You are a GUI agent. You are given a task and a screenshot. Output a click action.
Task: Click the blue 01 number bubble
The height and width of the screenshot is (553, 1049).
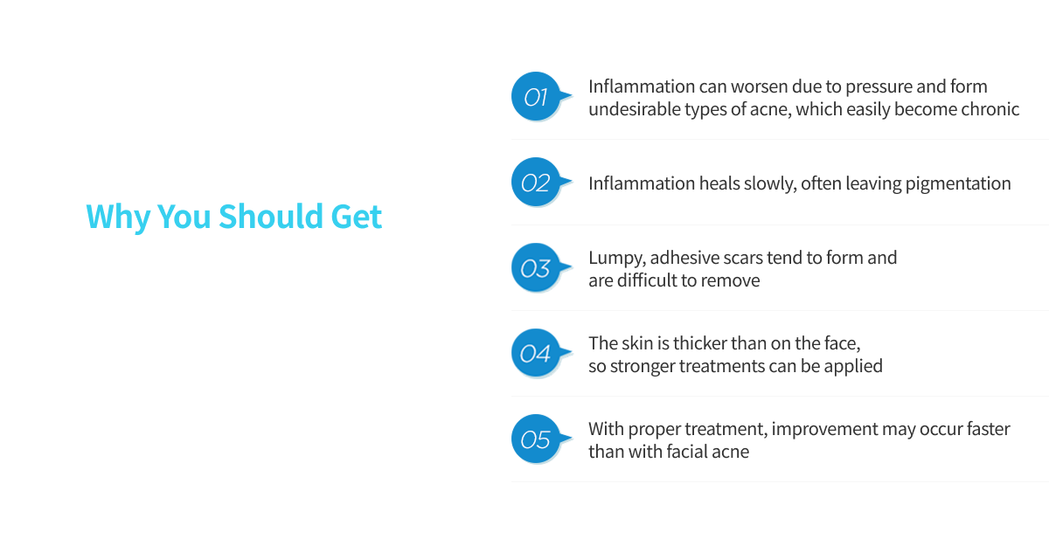[x=535, y=97]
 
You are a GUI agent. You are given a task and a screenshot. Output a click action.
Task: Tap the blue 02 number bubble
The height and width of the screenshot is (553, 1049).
[x=535, y=183]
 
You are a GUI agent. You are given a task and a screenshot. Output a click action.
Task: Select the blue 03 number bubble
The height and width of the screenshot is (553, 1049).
[x=535, y=268]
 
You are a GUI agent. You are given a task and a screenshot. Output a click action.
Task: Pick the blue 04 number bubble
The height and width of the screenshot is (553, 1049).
[x=535, y=354]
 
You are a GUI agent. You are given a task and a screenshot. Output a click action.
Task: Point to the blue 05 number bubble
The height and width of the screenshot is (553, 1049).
[x=535, y=439]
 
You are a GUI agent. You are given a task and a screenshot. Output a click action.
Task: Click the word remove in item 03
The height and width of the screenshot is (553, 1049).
[x=732, y=280]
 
